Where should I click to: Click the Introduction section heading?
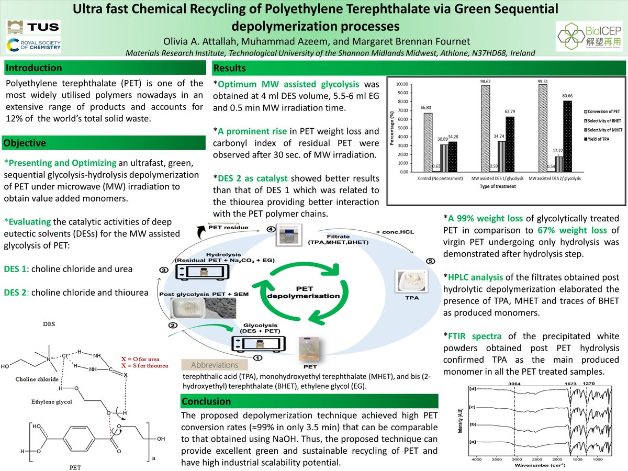pyautogui.click(x=34, y=68)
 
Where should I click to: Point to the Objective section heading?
pyautogui.click(x=27, y=143)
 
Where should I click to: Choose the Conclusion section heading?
pyautogui.click(x=206, y=401)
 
